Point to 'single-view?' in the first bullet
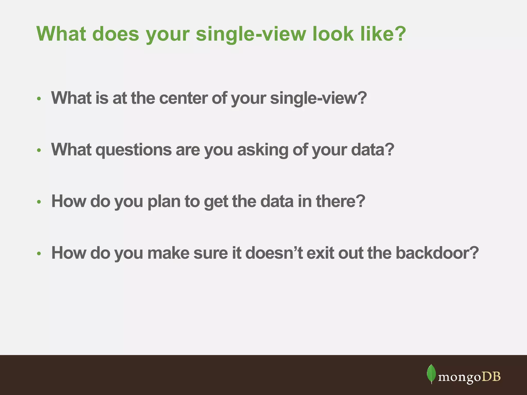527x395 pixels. pyautogui.click(x=318, y=98)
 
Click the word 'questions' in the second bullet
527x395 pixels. pyautogui.click(x=134, y=150)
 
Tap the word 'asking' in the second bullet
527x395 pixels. pyautogui.click(x=262, y=150)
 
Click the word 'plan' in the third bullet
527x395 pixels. pyautogui.click(x=164, y=201)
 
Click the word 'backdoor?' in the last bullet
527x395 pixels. pyautogui.click(x=437, y=253)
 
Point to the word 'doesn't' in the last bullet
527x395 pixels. pyautogui.click(x=274, y=253)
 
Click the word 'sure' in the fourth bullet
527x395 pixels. pyautogui.click(x=210, y=253)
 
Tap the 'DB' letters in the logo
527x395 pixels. pyautogui.click(x=491, y=377)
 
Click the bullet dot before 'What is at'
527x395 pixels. pyautogui.click(x=39, y=99)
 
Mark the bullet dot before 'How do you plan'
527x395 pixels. pyautogui.click(x=39, y=202)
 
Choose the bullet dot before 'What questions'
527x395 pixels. pyautogui.click(x=39, y=150)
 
